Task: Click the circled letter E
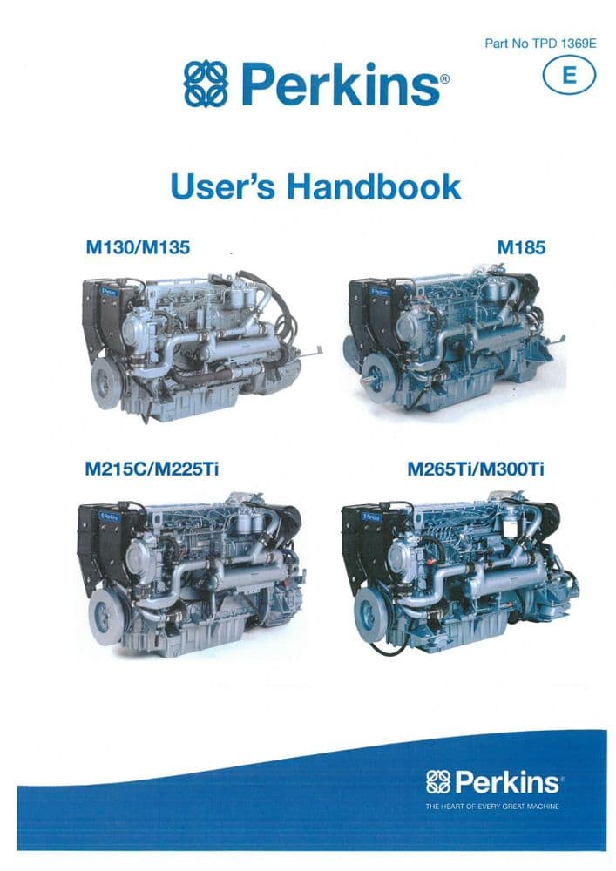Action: click(570, 76)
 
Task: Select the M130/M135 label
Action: click(137, 248)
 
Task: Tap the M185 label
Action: click(521, 248)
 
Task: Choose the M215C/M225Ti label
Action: click(152, 470)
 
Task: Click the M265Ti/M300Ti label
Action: click(476, 470)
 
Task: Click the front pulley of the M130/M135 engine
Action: click(106, 384)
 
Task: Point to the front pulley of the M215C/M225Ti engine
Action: click(105, 616)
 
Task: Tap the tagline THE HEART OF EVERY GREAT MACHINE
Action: click(492, 807)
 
